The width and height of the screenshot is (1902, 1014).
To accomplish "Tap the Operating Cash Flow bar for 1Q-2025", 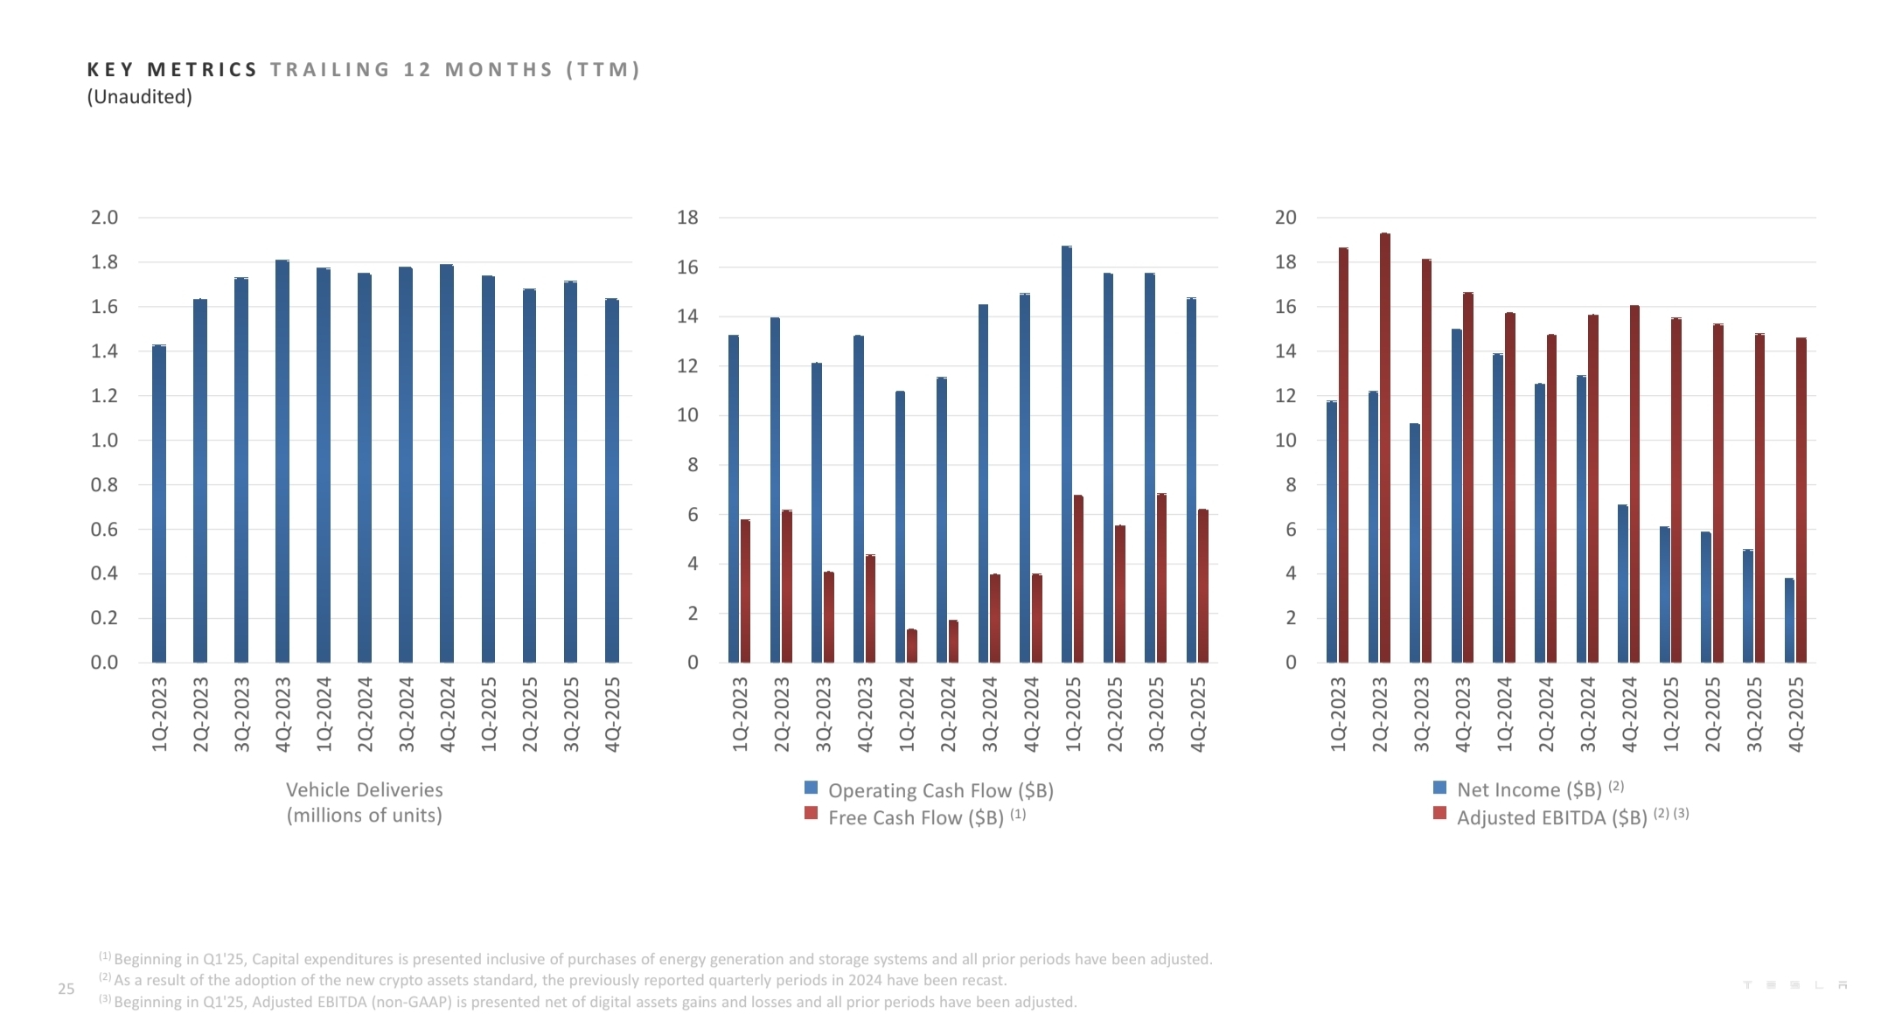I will pyautogui.click(x=1066, y=455).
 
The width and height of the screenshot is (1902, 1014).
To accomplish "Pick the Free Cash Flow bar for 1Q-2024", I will pyautogui.click(x=912, y=646).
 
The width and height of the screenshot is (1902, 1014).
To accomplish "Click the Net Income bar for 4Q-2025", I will pyautogui.click(x=1789, y=620).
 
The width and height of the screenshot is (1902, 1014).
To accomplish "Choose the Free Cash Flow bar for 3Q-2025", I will pyautogui.click(x=1161, y=578).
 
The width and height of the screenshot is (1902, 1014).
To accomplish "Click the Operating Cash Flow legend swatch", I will pyautogui.click(x=811, y=788).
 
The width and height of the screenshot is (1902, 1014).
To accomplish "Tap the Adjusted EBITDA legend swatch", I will pyautogui.click(x=1439, y=814).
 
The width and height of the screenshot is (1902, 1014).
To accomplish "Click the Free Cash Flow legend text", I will pyautogui.click(x=916, y=818).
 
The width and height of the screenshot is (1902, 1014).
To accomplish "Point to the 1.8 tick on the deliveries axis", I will pyautogui.click(x=104, y=262).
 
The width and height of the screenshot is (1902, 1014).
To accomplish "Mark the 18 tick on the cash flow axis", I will pyautogui.click(x=687, y=218).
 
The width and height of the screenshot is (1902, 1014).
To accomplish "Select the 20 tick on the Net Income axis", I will pyautogui.click(x=1285, y=218).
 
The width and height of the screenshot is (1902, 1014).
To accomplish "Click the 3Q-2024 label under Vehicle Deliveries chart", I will pyautogui.click(x=407, y=713).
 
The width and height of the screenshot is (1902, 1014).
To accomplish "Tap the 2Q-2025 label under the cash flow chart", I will pyautogui.click(x=1115, y=713).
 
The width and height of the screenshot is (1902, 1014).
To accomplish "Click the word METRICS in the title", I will pyautogui.click(x=202, y=70).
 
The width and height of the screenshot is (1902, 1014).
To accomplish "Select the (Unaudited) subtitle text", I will pyautogui.click(x=139, y=97).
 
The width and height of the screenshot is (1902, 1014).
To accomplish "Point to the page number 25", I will pyautogui.click(x=66, y=989).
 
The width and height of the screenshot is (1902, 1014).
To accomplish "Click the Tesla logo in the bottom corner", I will pyautogui.click(x=1794, y=985).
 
